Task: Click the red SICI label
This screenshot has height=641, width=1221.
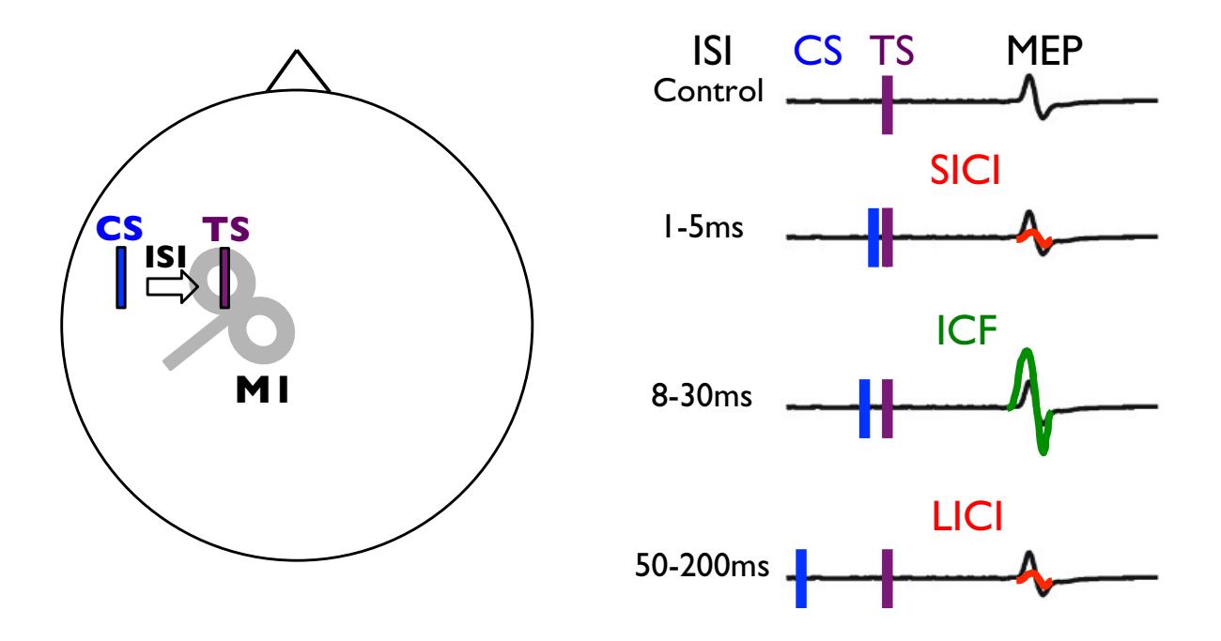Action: pos(965,171)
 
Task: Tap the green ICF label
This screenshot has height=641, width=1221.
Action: pos(966,330)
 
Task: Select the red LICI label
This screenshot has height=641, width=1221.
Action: pos(967,516)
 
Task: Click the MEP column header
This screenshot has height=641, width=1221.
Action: pos(1043,52)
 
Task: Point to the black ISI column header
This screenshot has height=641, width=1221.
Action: pos(712,52)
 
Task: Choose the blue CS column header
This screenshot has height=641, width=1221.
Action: pos(817,52)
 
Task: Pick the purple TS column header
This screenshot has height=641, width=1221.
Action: pos(891,52)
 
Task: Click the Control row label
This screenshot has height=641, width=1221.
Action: pos(708,90)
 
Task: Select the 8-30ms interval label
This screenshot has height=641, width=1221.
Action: pos(702,395)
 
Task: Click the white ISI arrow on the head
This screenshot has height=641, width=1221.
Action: pos(172,286)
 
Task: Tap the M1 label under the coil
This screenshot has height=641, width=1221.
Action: pos(262,390)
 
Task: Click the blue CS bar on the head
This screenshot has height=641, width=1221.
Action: pos(121,277)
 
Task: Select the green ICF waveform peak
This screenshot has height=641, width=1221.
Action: pos(1028,350)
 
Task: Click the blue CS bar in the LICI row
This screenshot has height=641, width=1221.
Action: pos(801,578)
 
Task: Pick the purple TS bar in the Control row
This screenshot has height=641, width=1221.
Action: pos(888,104)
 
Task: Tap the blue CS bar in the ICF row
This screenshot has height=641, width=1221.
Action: pos(864,408)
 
